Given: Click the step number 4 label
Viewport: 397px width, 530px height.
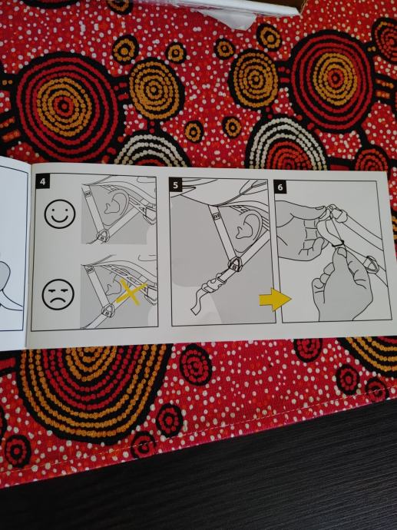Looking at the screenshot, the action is coord(42,182).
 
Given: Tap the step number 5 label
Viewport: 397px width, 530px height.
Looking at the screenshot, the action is coord(175,185).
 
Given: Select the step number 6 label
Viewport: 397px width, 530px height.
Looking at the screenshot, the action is coord(280,187).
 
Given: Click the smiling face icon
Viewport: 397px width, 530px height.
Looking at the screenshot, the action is coord(60,214).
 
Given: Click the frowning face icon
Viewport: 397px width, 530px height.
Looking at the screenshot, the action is coord(58,294).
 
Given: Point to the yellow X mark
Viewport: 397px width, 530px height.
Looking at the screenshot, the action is coord(131,292).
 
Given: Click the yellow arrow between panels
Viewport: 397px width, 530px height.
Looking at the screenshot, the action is coord(275,300).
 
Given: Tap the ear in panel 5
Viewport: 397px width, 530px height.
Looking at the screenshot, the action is coord(248,224).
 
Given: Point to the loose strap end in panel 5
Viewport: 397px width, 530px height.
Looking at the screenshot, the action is coord(200,303).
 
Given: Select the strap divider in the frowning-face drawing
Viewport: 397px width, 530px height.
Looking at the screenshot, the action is coord(109,310).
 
